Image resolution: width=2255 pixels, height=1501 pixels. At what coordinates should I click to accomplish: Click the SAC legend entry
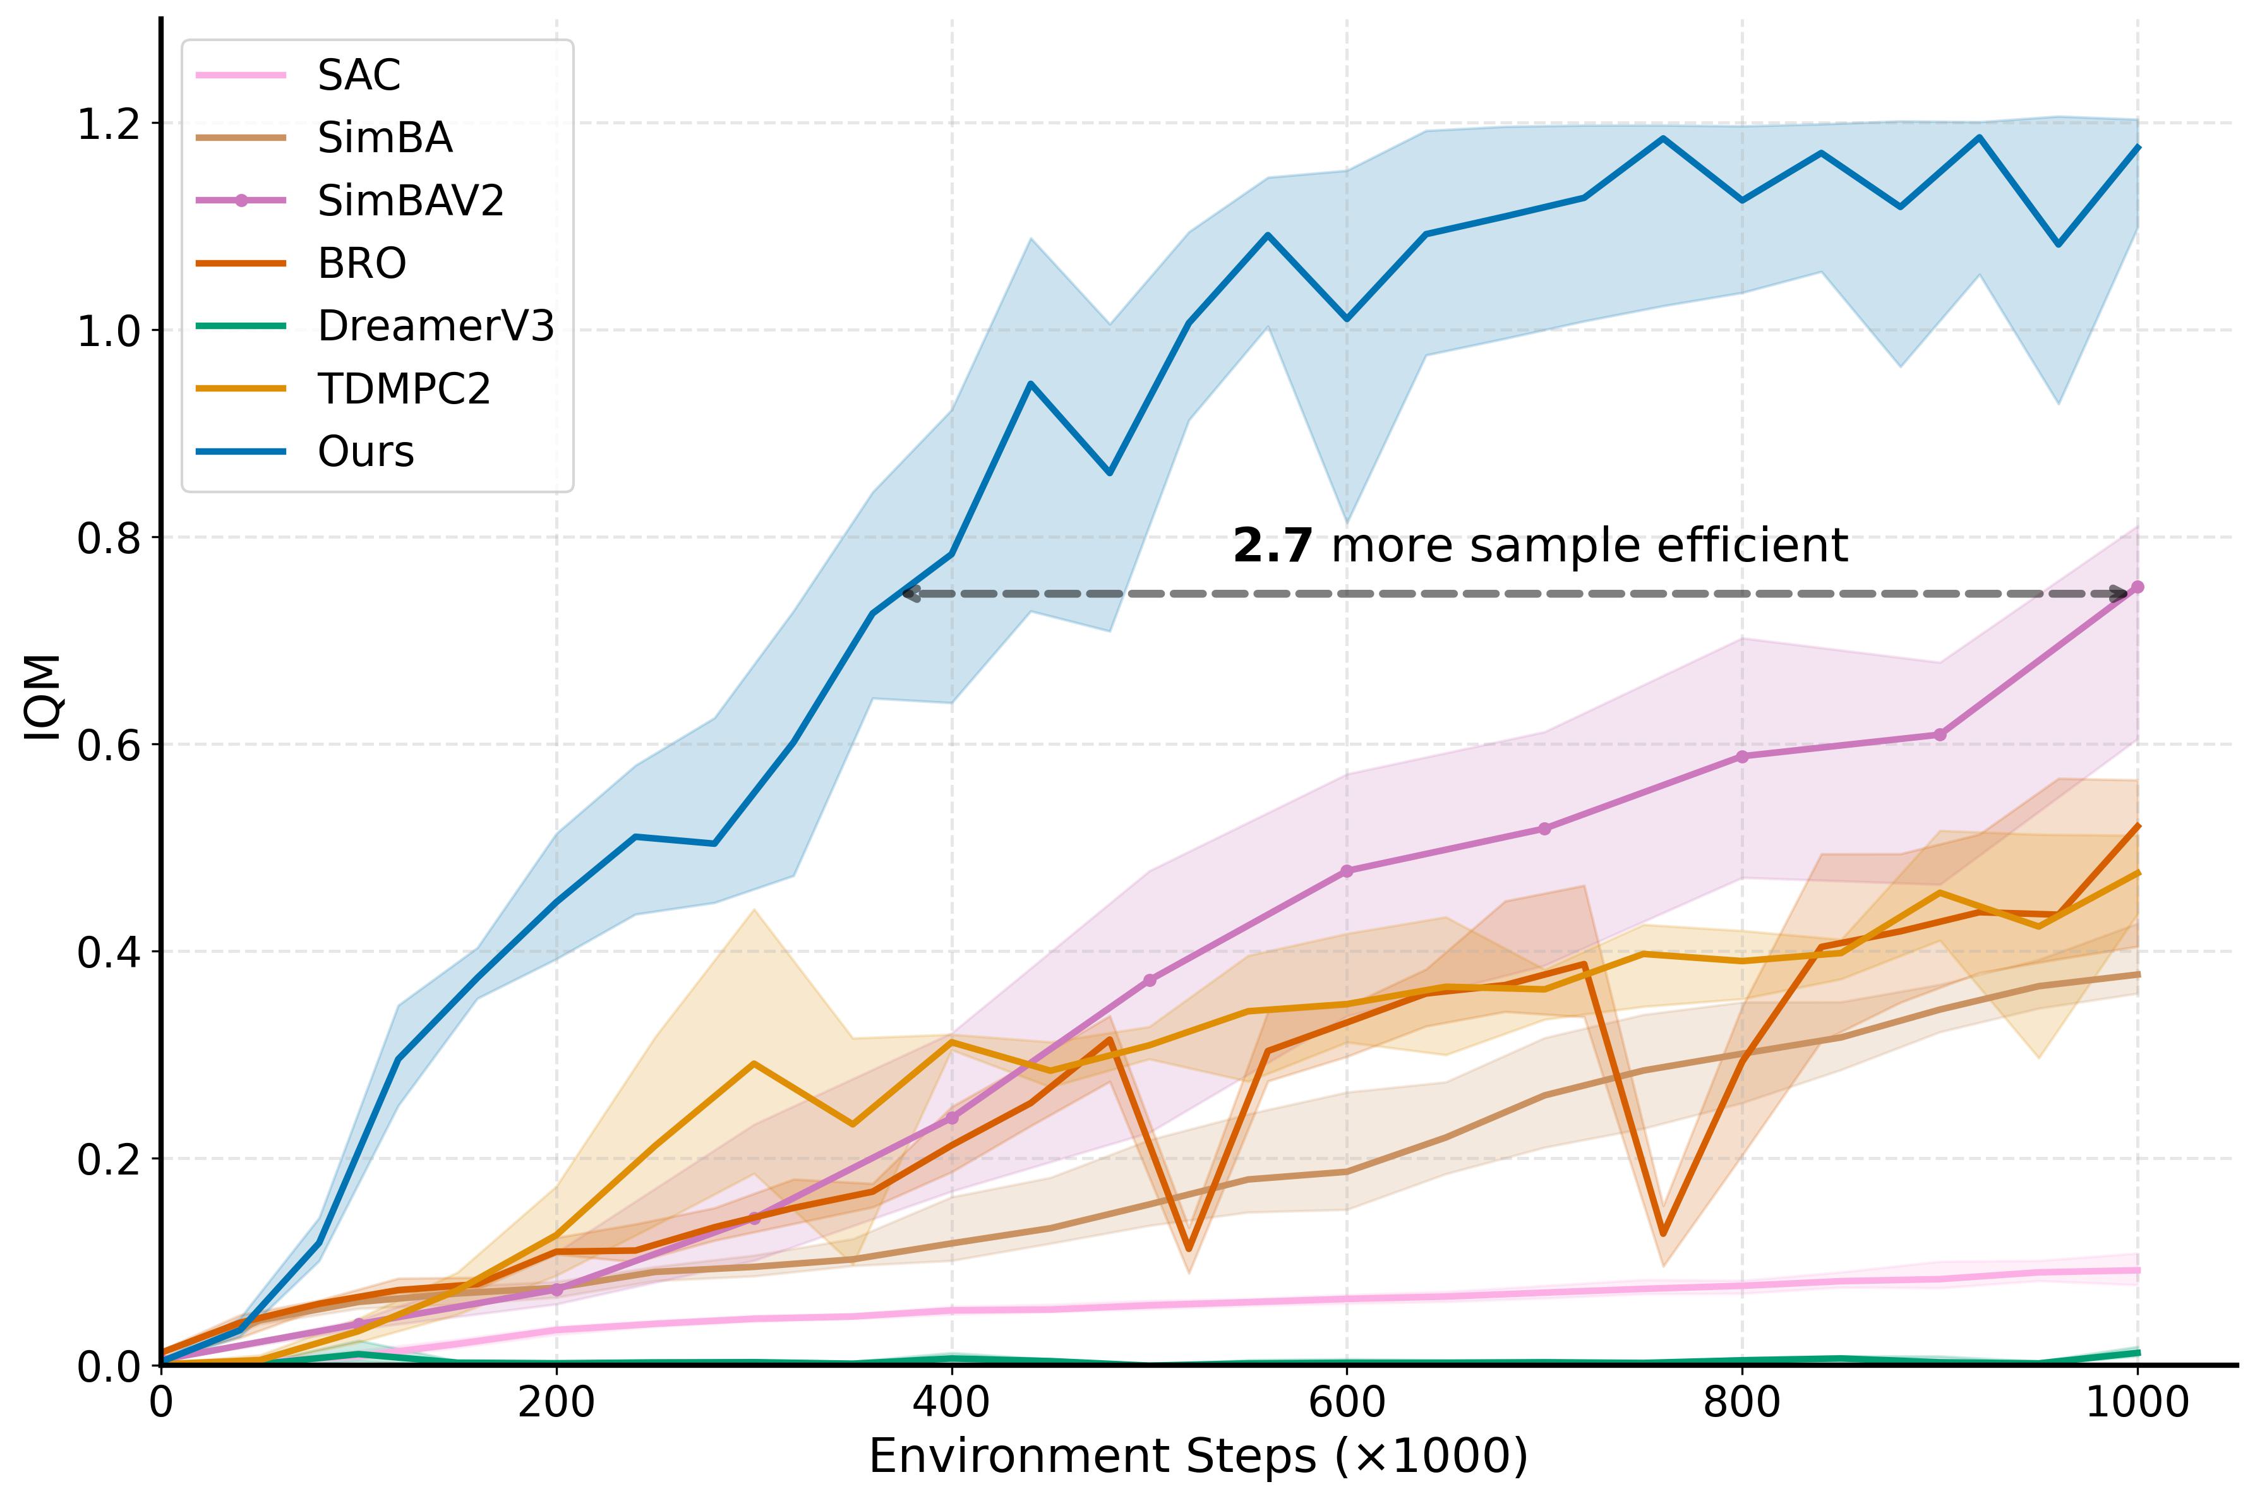358,75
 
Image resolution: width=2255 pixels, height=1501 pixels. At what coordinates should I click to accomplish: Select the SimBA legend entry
384,138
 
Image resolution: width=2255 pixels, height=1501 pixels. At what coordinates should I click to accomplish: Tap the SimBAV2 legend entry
410,201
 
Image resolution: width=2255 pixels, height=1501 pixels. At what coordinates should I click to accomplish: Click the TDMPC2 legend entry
403,388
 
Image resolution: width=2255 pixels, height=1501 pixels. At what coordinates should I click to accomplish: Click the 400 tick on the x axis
951,1402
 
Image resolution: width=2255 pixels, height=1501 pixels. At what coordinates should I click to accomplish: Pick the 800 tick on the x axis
1741,1402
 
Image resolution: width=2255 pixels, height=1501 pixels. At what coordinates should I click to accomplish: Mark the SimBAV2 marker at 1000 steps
2136,587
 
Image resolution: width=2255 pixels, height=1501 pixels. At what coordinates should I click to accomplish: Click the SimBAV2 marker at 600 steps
1346,871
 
